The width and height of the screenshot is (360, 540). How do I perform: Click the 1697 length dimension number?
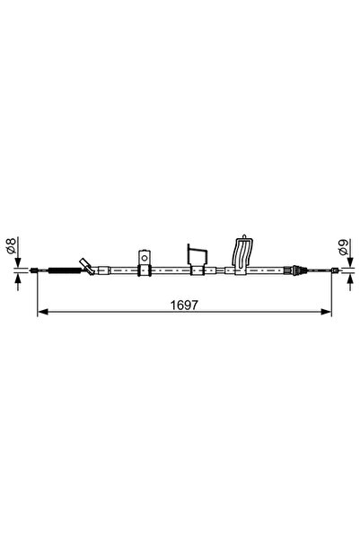click(183, 305)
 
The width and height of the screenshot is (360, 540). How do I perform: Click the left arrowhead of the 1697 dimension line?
click(41, 314)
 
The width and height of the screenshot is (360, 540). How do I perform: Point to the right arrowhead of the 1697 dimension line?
click(327, 314)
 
